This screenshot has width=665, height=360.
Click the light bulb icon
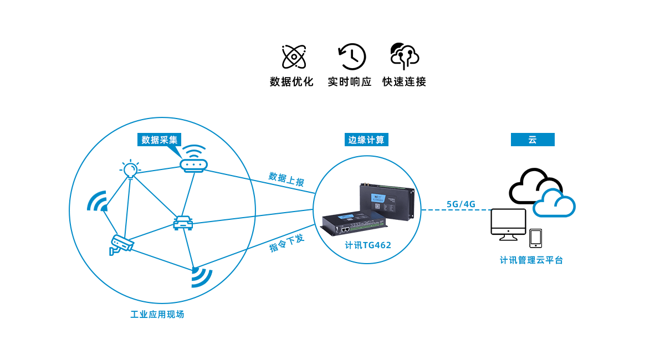click(130, 169)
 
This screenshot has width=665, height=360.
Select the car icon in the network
click(183, 222)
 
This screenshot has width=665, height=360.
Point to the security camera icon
click(121, 244)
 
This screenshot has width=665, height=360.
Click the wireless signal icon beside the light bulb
click(98, 202)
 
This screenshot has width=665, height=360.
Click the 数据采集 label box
click(159, 140)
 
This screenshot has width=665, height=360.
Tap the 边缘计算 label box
click(366, 140)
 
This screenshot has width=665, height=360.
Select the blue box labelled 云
click(532, 140)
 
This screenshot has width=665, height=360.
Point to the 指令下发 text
click(287, 244)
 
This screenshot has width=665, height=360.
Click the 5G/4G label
click(461, 204)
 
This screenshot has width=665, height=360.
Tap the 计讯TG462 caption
click(368, 245)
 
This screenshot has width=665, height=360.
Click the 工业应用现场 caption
click(157, 315)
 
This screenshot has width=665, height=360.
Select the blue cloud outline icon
click(554, 203)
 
